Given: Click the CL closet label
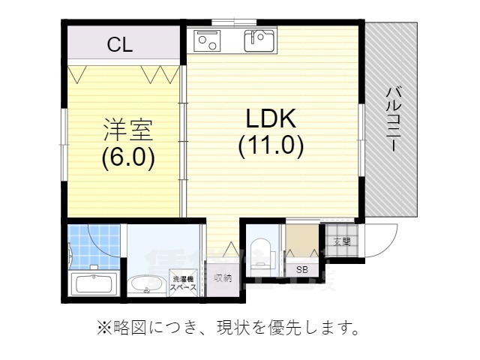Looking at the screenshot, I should pos(119,44).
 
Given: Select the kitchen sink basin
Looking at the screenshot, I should pos(260,40).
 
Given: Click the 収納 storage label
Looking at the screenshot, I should pos(223,277).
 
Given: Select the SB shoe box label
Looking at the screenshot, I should pos(301,269).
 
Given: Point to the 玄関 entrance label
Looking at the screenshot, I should pos(341,241).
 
